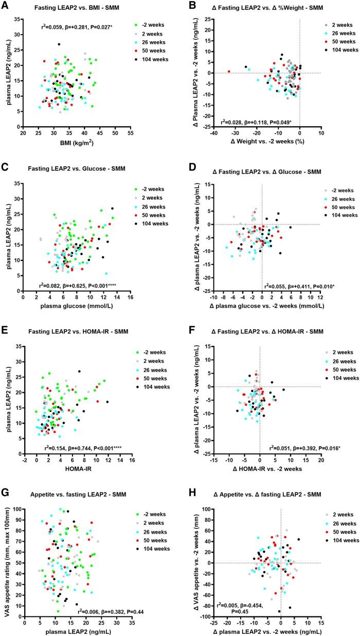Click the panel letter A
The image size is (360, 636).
pos(5,7)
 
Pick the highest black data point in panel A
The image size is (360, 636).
pos(59,44)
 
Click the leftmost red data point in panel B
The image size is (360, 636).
pos(229,72)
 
